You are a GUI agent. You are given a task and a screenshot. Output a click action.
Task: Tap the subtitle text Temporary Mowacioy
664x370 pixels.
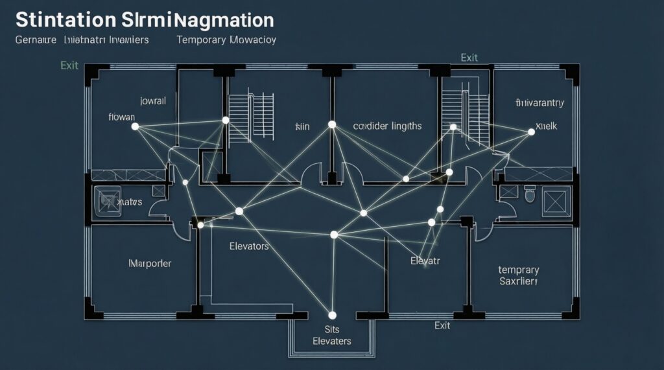pyautogui.click(x=226, y=40)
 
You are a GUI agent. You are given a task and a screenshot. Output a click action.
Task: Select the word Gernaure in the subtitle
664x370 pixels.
pyautogui.click(x=36, y=40)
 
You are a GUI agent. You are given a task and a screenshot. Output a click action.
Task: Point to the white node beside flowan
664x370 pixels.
pyautogui.click(x=135, y=126)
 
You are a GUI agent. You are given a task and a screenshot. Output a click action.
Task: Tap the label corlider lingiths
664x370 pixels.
pyautogui.click(x=387, y=126)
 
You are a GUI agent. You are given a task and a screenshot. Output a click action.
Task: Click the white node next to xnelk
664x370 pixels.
pyautogui.click(x=532, y=132)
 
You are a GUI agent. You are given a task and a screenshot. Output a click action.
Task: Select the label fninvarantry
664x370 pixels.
pyautogui.click(x=539, y=102)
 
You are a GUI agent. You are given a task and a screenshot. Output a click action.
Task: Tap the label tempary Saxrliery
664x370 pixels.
pyautogui.click(x=518, y=275)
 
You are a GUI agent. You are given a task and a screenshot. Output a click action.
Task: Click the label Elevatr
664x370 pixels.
pyautogui.click(x=425, y=261)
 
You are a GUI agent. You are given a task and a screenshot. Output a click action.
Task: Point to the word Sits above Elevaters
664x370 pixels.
pyautogui.click(x=331, y=329)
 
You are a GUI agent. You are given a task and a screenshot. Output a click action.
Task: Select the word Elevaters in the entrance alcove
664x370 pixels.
pyautogui.click(x=331, y=341)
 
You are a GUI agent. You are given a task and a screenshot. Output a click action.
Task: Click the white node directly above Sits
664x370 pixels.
pyautogui.click(x=331, y=316)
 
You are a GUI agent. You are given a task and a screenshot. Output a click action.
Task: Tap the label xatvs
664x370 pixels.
pyautogui.click(x=128, y=203)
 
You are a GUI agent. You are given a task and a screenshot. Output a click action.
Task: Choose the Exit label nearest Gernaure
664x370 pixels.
pyautogui.click(x=69, y=65)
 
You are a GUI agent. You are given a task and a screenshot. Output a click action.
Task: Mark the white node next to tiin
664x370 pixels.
pyautogui.click(x=331, y=124)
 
